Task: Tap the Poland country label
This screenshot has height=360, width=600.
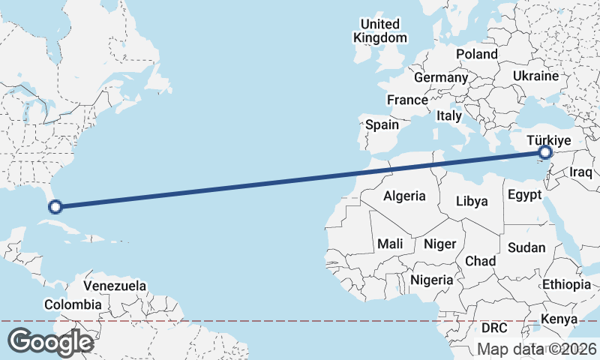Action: click(x=476, y=54)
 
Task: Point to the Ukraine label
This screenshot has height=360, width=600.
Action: click(x=535, y=76)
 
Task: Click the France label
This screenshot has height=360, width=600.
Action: click(x=407, y=100)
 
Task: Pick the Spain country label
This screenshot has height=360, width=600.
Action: click(x=382, y=125)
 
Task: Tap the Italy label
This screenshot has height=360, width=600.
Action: click(x=449, y=116)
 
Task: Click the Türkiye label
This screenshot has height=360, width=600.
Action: click(x=549, y=140)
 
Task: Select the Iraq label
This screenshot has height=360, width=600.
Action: click(x=581, y=172)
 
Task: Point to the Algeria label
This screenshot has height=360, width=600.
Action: click(x=404, y=196)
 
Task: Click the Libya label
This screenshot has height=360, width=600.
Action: click(x=472, y=201)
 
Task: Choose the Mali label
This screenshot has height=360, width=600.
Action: click(x=390, y=243)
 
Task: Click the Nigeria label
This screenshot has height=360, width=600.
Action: click(x=432, y=280)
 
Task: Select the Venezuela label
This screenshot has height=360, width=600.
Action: click(x=115, y=286)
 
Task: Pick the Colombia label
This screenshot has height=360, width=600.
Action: click(x=73, y=304)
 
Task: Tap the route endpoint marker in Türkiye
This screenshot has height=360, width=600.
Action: click(x=545, y=153)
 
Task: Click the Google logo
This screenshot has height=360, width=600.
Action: click(x=49, y=341)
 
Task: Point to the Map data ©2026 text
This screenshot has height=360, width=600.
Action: click(x=537, y=349)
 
